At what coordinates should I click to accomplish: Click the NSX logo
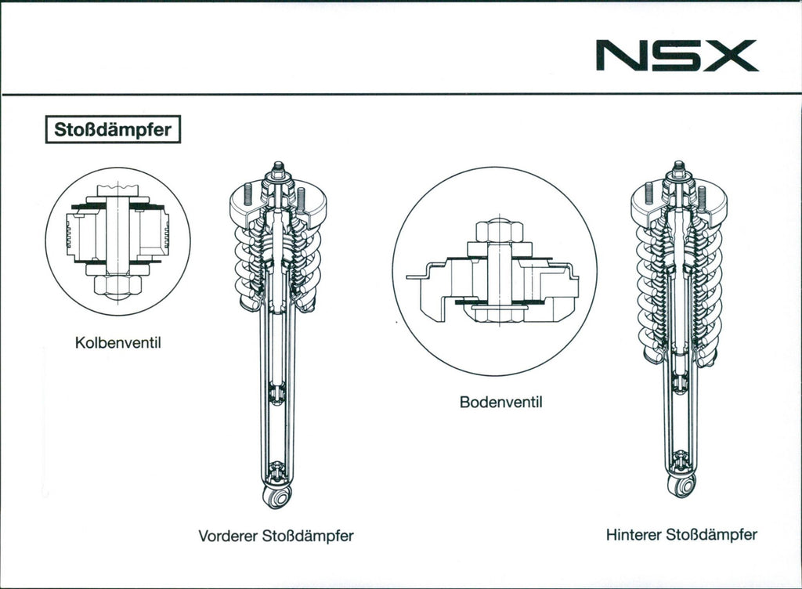tap(677, 56)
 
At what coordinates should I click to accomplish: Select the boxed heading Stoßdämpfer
tap(114, 129)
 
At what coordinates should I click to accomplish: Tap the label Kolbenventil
tap(117, 343)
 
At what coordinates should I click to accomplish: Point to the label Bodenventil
tap(500, 403)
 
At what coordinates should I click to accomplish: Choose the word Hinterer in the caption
tap(634, 536)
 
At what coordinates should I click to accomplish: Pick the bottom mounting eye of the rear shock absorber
tap(681, 486)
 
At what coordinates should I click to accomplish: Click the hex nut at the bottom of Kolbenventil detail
tap(117, 284)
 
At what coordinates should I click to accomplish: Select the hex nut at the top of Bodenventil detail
tap(499, 231)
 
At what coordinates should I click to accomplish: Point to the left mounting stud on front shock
tap(247, 192)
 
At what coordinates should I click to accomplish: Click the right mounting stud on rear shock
tap(702, 195)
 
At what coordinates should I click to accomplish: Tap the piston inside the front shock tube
tap(276, 392)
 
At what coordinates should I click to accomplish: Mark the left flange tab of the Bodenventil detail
tap(418, 275)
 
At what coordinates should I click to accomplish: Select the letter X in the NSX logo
tap(731, 56)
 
